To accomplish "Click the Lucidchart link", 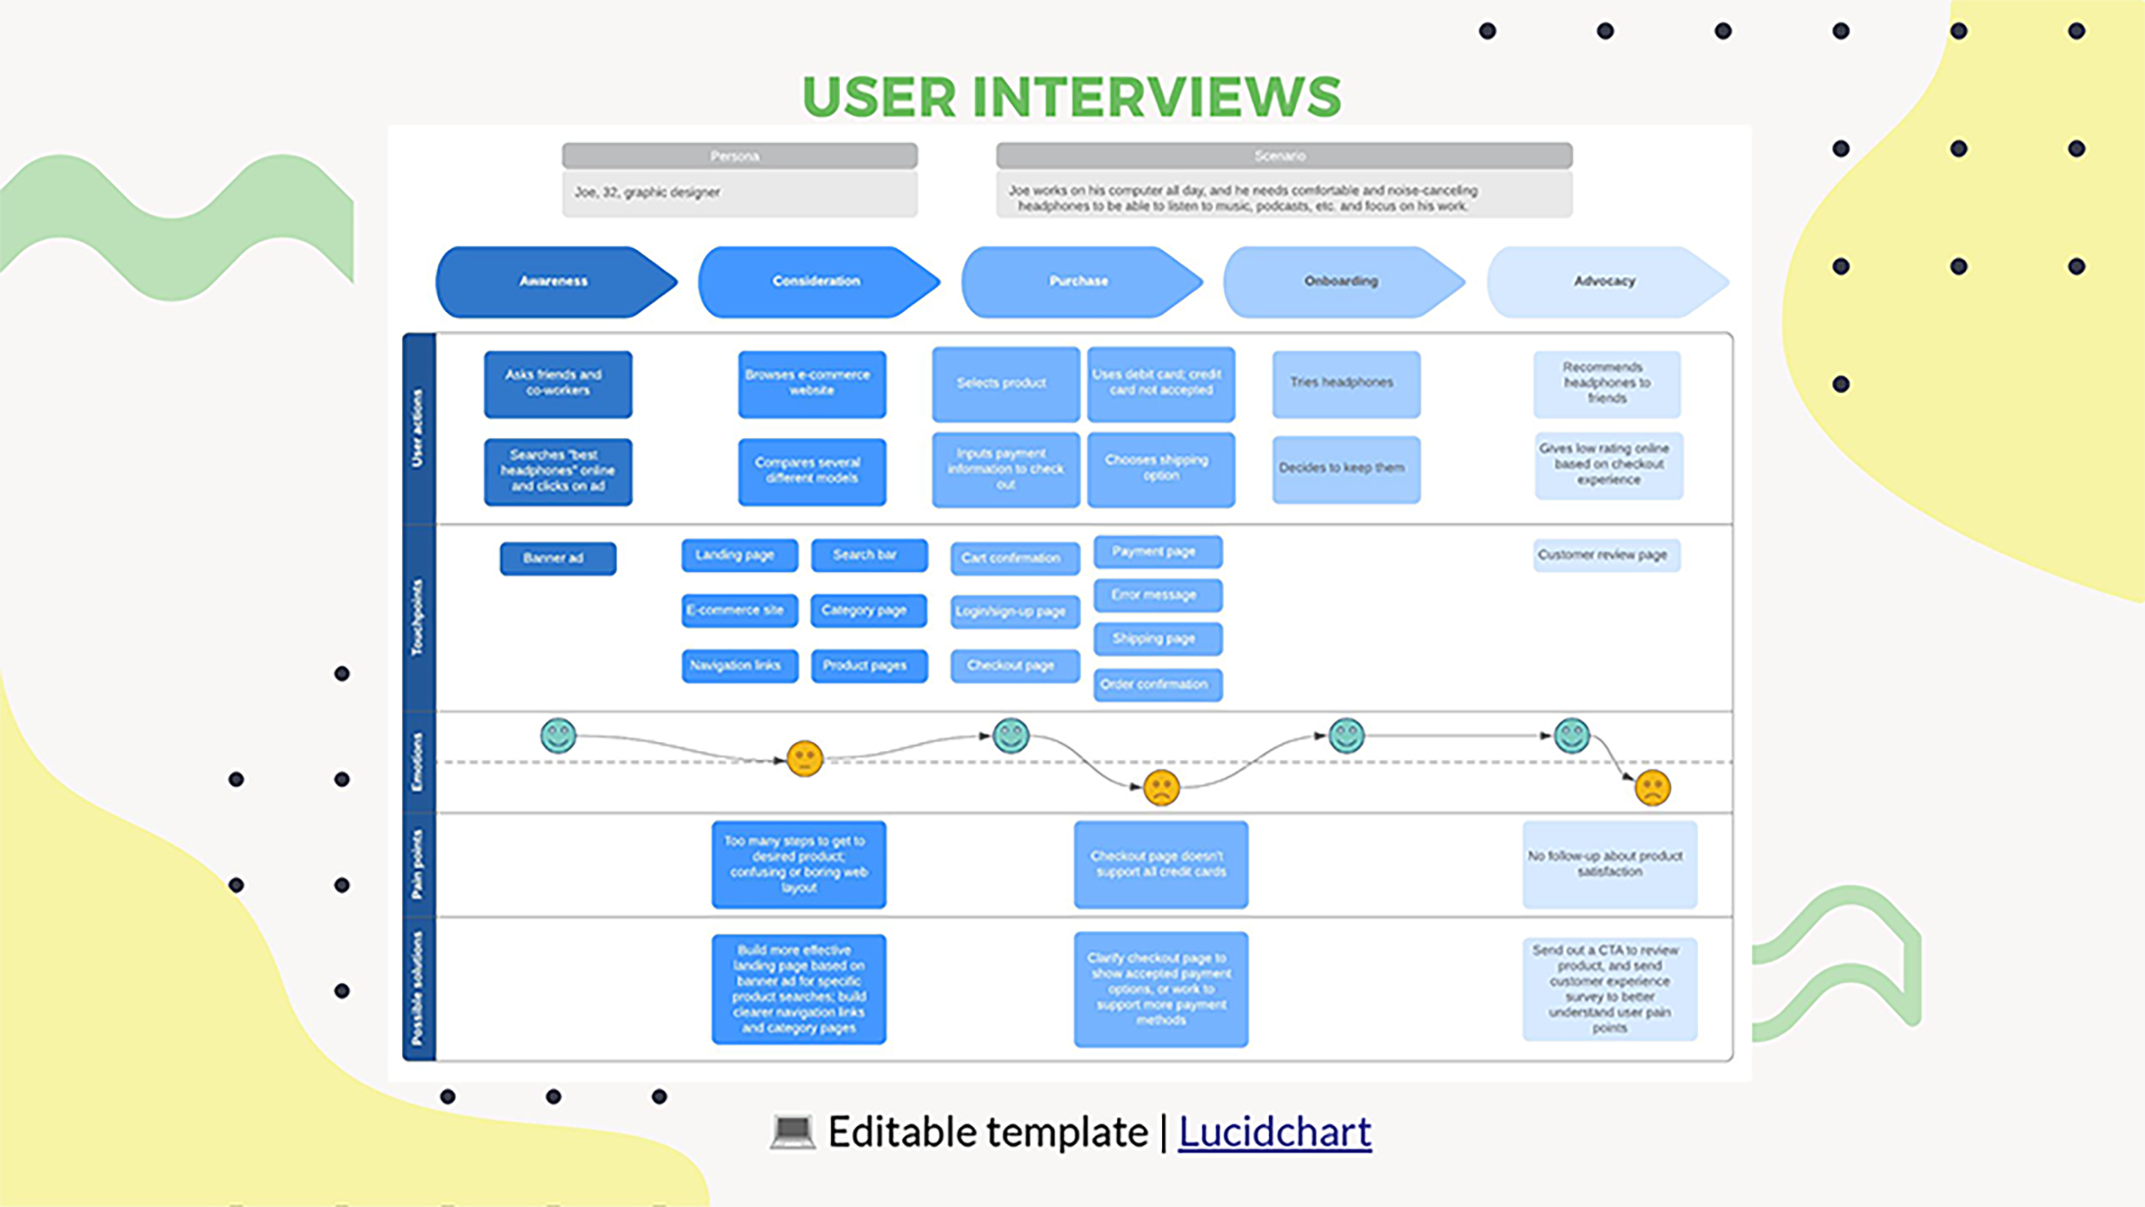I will pos(1274,1133).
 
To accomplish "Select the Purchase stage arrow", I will pos(1079,282).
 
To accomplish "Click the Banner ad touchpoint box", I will pos(558,558).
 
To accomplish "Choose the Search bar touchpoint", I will pos(869,555).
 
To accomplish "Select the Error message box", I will pos(1158,595).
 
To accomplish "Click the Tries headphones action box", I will pos(1346,383).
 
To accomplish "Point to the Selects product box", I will pos(1005,383).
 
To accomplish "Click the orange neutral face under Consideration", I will pos(804,759).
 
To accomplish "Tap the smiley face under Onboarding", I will pos(1346,736).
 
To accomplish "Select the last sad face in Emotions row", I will pos(1652,787).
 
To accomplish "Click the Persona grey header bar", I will pos(739,156).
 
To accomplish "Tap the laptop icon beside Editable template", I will pos(792,1132).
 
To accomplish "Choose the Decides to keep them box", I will pos(1346,469).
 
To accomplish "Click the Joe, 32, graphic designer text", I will pos(647,192).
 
